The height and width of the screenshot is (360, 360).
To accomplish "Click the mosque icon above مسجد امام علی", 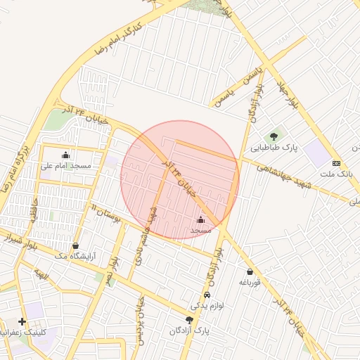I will coord(66,155).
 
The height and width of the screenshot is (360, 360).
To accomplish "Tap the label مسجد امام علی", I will coord(66,166).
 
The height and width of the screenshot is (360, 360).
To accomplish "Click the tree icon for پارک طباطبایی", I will coord(273,136).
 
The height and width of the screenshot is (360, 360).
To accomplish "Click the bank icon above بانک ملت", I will coord(336,162).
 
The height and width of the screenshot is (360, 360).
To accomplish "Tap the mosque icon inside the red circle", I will coord(200,219).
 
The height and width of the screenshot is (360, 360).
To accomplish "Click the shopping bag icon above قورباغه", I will coord(250,272).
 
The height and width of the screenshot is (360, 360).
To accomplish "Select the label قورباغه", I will coord(250,283).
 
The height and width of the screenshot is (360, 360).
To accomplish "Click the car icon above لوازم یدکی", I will coord(207,295).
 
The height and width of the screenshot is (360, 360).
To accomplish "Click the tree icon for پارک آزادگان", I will coord(188,319).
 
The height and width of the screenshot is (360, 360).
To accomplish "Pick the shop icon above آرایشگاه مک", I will coord(76,246).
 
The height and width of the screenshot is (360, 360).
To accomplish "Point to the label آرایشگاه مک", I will coord(75,257).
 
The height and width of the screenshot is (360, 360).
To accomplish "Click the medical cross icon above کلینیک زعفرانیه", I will coord(22,321).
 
